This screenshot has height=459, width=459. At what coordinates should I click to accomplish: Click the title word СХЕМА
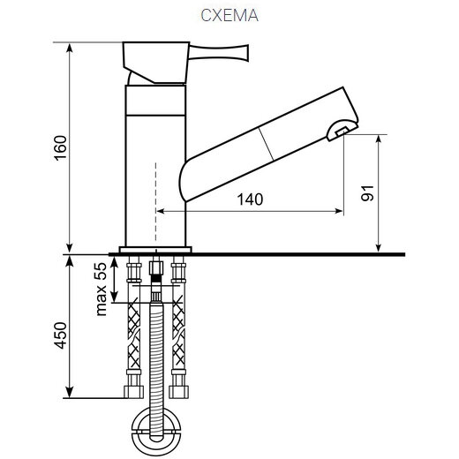tap(229, 16)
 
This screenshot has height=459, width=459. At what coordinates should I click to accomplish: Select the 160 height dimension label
tap(60, 148)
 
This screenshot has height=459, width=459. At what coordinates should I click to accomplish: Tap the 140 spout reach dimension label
tap(250, 199)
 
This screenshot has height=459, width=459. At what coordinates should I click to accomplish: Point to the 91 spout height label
tap(367, 193)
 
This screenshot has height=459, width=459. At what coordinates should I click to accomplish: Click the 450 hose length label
tap(61, 335)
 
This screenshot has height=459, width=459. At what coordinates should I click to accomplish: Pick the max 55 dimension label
tap(101, 289)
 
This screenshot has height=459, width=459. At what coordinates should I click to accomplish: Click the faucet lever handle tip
tap(245, 53)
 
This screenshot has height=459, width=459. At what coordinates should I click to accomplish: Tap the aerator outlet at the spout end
tap(342, 131)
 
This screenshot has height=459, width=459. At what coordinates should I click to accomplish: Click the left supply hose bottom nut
tap(133, 392)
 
